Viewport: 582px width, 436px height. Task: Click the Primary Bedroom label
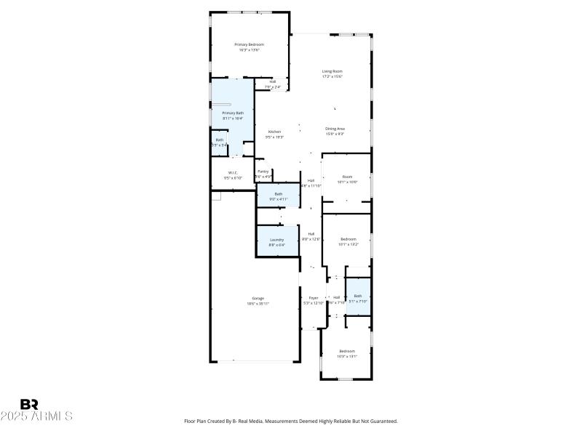[x=249, y=45]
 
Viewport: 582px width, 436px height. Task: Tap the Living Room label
[x=332, y=71]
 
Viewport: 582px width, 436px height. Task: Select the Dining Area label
[x=335, y=129]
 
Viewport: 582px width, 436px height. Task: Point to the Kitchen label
[x=274, y=132]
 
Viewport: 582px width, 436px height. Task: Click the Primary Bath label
[x=233, y=113]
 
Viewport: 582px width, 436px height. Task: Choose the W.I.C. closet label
[x=233, y=172]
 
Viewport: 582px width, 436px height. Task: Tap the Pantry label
[x=263, y=171]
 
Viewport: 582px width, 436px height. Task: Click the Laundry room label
[x=276, y=240]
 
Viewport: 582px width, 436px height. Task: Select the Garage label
[x=258, y=298]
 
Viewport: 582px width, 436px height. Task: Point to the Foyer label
[x=314, y=298]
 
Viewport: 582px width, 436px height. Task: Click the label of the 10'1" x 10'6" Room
[x=347, y=177]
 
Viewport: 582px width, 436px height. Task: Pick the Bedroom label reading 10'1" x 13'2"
[x=348, y=239]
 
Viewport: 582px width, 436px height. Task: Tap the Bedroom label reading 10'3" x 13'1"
[x=347, y=351]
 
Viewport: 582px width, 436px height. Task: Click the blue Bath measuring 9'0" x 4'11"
[x=278, y=194]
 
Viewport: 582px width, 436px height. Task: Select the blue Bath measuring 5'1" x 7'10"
[x=357, y=296]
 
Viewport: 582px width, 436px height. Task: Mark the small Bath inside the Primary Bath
[x=219, y=140]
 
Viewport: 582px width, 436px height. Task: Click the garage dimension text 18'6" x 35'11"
[x=258, y=303]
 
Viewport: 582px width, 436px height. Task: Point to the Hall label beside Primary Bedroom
[x=273, y=81]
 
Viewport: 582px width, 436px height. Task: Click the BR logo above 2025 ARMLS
[x=29, y=404]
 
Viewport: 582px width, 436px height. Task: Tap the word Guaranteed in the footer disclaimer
[x=380, y=421]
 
